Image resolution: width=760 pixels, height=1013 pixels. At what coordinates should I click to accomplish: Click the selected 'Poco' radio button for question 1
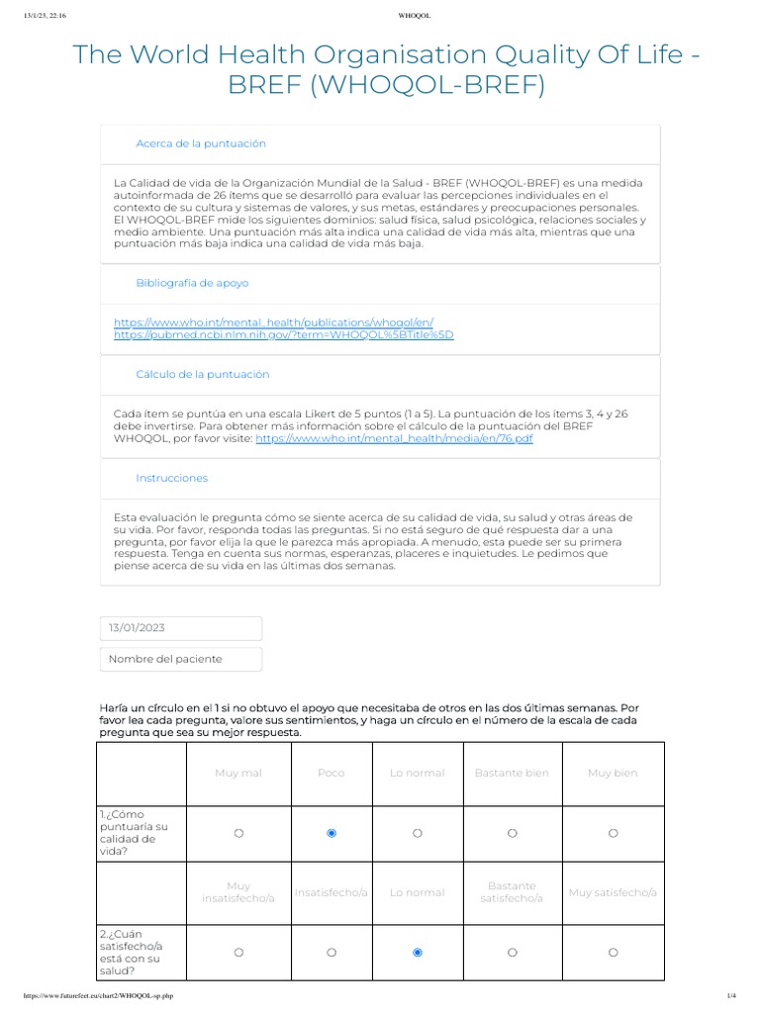pos(332,833)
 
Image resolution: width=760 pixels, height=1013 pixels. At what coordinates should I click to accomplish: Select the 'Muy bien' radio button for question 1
pos(613,833)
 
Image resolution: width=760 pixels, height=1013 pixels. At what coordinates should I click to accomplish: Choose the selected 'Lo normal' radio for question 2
pos(417,952)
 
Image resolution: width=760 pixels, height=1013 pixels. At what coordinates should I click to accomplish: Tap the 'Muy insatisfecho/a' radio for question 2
pos(238,952)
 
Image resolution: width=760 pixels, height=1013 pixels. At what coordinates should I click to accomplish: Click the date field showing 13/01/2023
pos(181,628)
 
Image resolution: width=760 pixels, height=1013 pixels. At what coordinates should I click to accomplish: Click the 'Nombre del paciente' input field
pos(181,659)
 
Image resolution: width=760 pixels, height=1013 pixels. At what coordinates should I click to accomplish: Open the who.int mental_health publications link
pos(273,322)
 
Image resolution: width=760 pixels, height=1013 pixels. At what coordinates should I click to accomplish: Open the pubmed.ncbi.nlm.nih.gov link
pos(284,334)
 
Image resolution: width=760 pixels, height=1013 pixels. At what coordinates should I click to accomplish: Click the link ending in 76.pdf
pos(394,437)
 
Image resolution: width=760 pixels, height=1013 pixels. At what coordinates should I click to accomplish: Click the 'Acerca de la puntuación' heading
pos(201,143)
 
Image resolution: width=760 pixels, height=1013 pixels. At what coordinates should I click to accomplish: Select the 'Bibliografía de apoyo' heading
pos(192,283)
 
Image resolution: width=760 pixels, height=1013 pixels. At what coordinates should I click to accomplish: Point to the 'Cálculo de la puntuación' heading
pos(202,374)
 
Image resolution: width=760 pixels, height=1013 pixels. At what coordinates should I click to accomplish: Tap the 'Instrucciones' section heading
pos(171,478)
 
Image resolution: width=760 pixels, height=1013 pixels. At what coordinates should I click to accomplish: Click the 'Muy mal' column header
pos(238,773)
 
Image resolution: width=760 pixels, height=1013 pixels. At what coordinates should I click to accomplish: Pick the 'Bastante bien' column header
pos(512,773)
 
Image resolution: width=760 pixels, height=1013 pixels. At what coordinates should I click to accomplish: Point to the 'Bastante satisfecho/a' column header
pos(512,892)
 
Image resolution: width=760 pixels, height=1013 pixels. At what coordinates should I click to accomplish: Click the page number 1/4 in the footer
pos(731,995)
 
